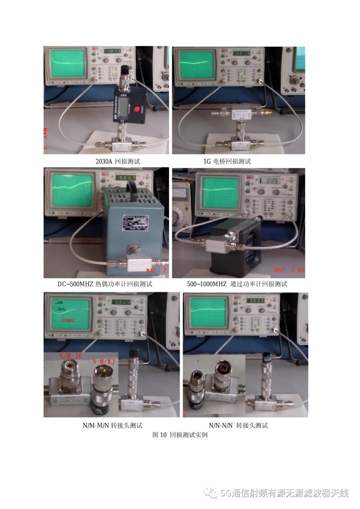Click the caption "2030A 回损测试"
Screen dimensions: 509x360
click(x=118, y=162)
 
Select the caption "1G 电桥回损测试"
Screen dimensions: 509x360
click(x=227, y=162)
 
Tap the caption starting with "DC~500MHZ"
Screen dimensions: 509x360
click(x=105, y=284)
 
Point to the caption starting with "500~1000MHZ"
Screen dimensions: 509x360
click(x=237, y=284)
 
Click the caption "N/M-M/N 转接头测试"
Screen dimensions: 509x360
click(x=113, y=425)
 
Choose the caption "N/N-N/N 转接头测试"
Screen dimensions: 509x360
click(x=238, y=425)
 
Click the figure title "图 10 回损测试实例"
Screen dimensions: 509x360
click(x=180, y=435)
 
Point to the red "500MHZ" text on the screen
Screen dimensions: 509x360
click(x=68, y=320)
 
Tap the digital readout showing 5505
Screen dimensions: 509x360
click(x=255, y=301)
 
